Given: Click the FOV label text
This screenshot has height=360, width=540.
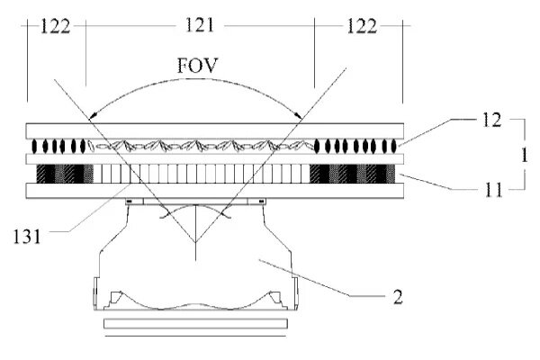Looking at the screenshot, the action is tap(198, 66).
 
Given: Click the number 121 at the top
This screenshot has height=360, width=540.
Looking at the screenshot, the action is tap(200, 25).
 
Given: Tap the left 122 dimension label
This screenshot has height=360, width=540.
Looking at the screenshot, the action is tap(55, 26).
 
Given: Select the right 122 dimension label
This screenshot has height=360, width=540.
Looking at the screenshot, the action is tap(362, 26).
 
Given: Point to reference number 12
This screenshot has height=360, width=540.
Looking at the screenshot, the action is tap(491, 120).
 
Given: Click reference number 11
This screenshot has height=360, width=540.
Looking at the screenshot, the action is tap(493, 190).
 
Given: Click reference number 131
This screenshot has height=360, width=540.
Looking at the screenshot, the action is tap(27, 237).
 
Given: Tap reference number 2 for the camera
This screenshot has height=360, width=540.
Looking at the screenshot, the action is tap(398, 297).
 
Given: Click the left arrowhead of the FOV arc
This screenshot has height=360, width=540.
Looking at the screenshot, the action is tap(92, 116).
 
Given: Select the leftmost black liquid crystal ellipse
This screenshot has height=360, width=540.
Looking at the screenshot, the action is tap(34, 146).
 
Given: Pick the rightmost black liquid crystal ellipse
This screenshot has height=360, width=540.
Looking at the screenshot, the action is tap(394, 146).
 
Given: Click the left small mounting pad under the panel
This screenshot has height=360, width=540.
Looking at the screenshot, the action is tap(134, 202).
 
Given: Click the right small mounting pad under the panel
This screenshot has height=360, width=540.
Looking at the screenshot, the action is tap(257, 202).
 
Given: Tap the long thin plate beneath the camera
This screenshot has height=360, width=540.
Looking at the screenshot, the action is tap(195, 323).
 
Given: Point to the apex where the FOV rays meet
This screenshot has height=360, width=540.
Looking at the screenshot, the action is tap(195, 242).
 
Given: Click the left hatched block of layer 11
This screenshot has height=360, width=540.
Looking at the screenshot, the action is tap(65, 174).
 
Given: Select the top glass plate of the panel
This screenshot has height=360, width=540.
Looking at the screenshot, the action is tap(215, 130).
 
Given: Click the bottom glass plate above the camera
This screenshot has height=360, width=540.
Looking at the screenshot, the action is tap(215, 191).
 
